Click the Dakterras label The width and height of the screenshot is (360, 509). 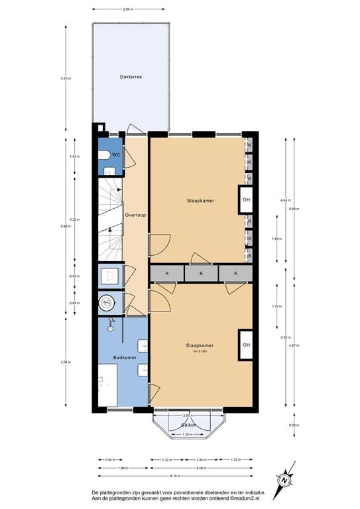pos(131,77)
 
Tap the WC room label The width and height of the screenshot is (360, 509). pos(115,154)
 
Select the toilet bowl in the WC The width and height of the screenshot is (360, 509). pos(104,155)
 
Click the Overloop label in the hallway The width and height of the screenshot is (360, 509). pos(135,215)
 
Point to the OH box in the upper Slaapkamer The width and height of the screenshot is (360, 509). pos(246,199)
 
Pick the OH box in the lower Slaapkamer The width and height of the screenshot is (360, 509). pos(246,345)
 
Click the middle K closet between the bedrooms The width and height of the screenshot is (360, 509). pos(201,272)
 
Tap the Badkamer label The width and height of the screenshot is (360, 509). pos(124,357)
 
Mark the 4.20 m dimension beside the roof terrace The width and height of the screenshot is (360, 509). pos(65,78)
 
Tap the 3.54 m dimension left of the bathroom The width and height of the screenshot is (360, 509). pos(65,362)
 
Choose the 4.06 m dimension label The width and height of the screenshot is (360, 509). pos(201,467)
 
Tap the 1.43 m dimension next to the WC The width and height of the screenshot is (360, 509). pos(74,156)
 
